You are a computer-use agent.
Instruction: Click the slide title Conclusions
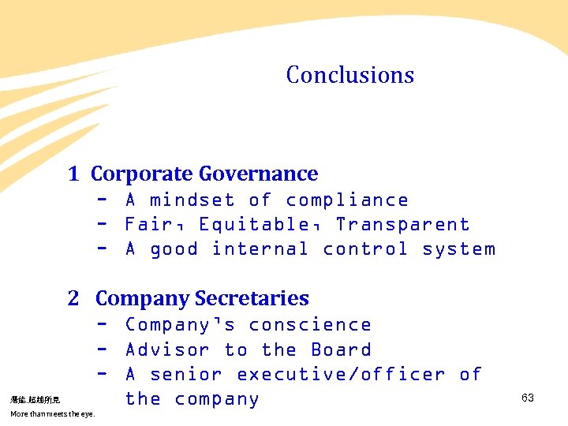[349, 75]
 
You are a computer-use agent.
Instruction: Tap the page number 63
[528, 398]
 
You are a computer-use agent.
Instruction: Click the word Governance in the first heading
[258, 174]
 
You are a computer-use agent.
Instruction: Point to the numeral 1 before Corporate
[73, 174]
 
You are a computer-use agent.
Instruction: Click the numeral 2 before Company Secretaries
[73, 298]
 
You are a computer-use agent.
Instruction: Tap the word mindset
[192, 200]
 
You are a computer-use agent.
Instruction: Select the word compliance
[347, 200]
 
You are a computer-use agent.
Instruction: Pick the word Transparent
[402, 225]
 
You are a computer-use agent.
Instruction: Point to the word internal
[260, 249]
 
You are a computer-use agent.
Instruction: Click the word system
[458, 249]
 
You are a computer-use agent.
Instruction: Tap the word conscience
[309, 325]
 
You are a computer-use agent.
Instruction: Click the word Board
[341, 349]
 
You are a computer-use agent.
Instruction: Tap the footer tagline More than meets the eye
[52, 414]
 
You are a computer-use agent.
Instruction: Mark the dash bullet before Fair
[102, 225]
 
